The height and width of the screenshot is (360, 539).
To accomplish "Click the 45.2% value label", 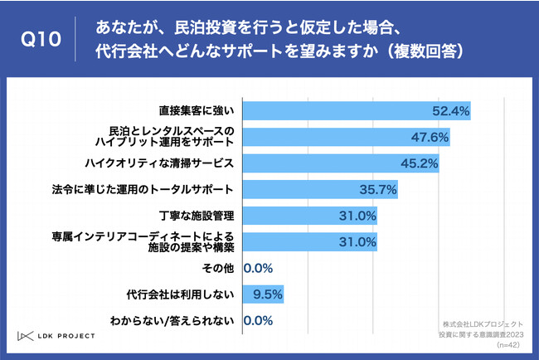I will (x=419, y=163).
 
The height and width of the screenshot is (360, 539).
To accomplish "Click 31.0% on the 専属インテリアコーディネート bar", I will (x=358, y=242).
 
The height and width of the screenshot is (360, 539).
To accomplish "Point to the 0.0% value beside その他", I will (x=259, y=269).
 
